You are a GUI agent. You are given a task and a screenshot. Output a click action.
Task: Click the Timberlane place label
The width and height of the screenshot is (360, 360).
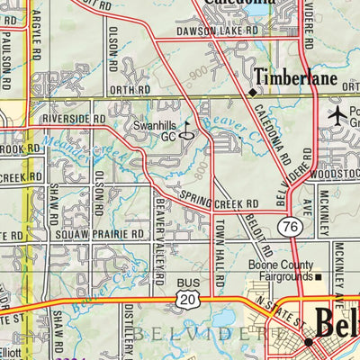point(293,78)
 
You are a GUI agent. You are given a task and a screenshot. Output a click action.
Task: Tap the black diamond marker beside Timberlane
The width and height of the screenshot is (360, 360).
point(253,91)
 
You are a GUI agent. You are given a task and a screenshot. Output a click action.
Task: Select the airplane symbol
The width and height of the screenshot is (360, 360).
point(337,115)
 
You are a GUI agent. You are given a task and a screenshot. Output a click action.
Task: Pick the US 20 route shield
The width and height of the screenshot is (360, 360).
point(187,299)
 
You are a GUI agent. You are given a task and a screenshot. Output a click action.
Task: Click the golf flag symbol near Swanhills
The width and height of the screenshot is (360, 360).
point(187,126)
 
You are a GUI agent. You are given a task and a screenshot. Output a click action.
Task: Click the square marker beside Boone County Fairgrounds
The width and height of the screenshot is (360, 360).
point(318,277)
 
